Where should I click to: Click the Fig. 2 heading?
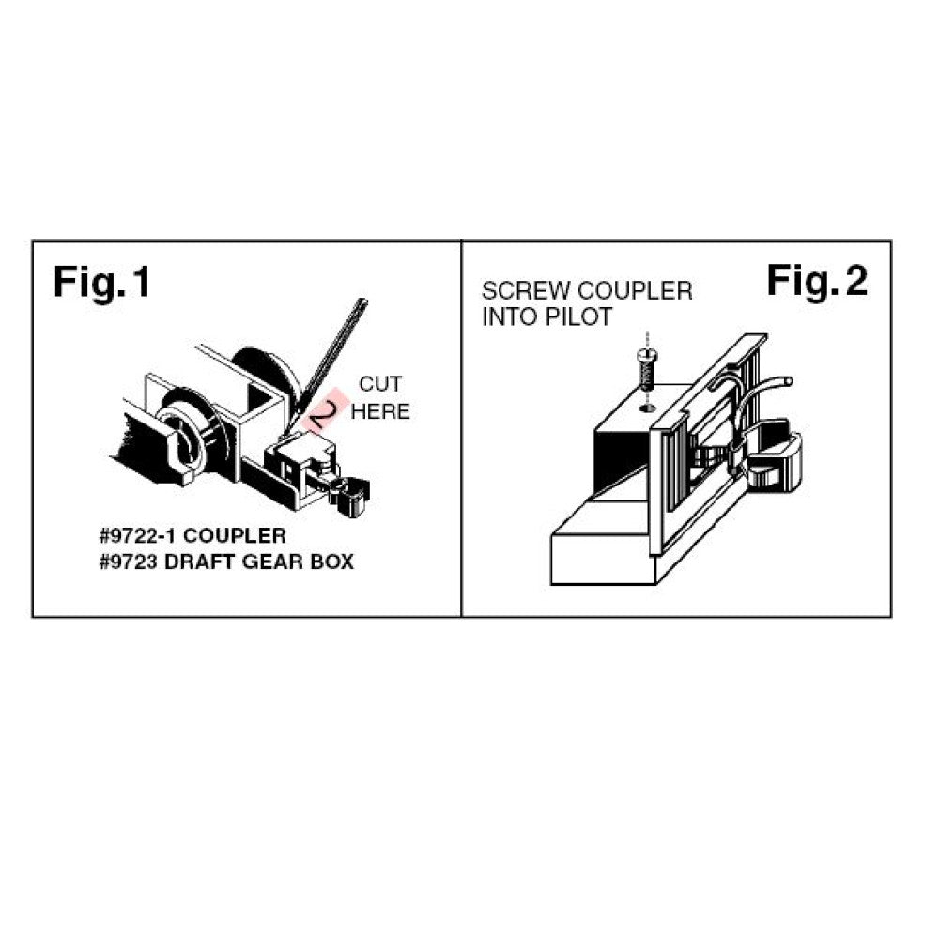[817, 280]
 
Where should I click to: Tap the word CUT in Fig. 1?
[380, 384]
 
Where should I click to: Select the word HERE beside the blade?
[380, 411]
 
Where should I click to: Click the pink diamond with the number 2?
[325, 410]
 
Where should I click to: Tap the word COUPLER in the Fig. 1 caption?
[235, 535]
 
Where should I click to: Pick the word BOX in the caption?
[331, 562]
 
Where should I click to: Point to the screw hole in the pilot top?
[647, 408]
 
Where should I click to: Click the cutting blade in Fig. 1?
[327, 363]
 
